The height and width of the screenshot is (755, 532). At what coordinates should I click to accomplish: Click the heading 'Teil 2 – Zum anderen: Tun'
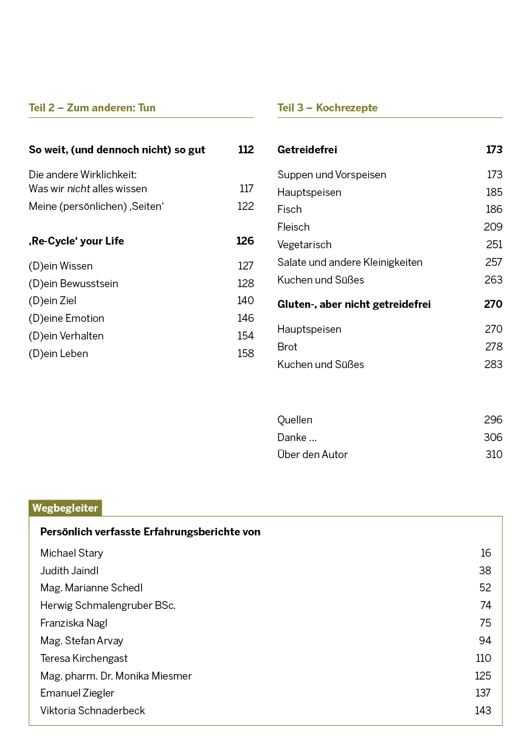pos(92,108)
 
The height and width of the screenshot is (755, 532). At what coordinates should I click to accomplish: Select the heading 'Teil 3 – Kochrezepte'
pos(327,108)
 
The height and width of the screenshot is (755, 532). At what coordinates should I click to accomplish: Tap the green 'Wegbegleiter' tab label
pos(65,508)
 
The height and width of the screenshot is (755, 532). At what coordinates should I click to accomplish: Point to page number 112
pos(246,150)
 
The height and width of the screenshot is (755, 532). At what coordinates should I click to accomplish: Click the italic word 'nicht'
pos(78,189)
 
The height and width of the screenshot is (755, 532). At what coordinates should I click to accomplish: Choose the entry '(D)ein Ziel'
pos(52,301)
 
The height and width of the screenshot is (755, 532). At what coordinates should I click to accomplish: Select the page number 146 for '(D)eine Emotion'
pos(246,318)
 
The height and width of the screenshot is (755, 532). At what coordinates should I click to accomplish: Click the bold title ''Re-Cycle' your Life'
pos(76,241)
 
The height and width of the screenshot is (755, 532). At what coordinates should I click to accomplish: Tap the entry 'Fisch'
pos(289,209)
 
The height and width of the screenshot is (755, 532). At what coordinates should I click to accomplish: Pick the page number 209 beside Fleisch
pos(493,227)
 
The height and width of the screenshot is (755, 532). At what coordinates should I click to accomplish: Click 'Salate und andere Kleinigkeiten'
pos(350,262)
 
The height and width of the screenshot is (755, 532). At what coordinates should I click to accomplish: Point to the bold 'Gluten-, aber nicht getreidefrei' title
pos(354,304)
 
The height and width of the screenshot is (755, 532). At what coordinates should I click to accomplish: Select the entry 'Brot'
pos(287,347)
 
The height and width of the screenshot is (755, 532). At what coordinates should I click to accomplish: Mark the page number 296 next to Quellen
pos(493,420)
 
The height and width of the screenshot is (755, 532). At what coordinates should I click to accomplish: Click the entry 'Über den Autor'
pos(313,454)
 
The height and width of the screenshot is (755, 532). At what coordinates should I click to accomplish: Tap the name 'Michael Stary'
pos(72,553)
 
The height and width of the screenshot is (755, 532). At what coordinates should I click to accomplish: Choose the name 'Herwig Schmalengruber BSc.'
pos(108,605)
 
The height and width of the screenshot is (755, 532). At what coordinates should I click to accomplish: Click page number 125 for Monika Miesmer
pos(483,676)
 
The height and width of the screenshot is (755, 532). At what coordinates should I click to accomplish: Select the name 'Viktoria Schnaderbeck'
pos(92,711)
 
